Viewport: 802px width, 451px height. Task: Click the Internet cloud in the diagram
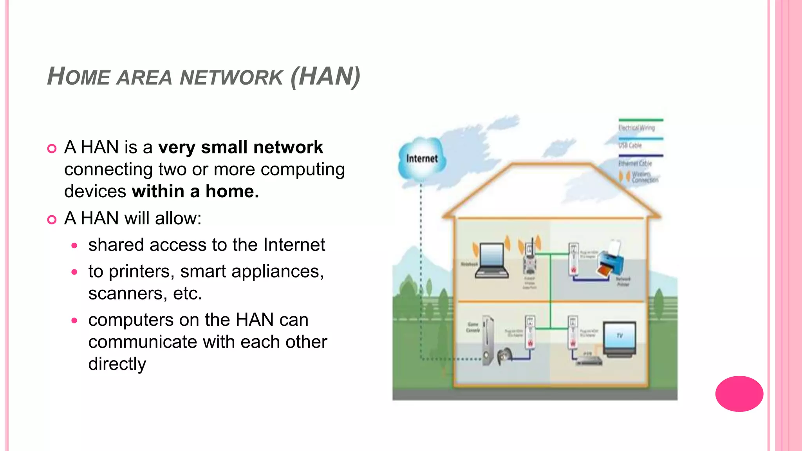[x=422, y=159]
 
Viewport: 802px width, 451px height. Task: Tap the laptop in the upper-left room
[x=491, y=260]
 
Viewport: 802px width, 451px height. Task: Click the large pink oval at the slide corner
[x=739, y=393]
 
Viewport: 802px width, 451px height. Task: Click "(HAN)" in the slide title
[x=325, y=76]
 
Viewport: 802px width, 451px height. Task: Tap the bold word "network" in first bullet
[x=288, y=148]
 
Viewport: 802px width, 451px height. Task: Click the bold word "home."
[x=232, y=192]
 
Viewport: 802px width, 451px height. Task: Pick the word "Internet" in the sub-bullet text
[x=294, y=245]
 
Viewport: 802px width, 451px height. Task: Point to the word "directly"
[x=117, y=364]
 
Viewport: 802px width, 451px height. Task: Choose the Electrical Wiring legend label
[x=636, y=128]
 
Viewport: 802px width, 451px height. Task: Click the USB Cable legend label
[x=630, y=146]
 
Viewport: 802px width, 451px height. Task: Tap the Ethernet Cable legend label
[x=635, y=163]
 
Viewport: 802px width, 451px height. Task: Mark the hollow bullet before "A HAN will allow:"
[x=52, y=220]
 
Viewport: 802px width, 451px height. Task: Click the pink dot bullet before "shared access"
[x=74, y=246]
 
